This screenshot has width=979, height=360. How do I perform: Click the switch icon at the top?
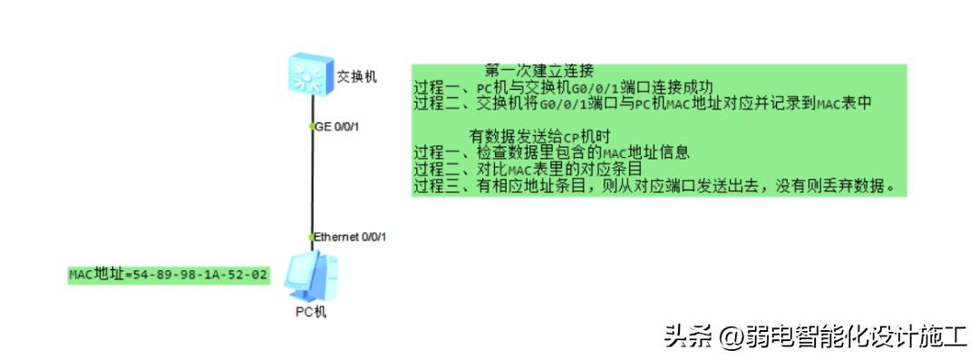tap(309, 73)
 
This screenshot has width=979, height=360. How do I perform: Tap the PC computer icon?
tap(309, 277)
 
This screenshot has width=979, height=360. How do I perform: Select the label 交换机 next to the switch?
tap(356, 77)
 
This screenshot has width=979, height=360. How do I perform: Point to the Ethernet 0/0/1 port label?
tap(351, 237)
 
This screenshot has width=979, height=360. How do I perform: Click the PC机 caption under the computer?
tap(311, 312)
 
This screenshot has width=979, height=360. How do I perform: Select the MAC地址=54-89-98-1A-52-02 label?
tap(169, 274)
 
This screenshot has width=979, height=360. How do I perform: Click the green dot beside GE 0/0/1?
tap(311, 126)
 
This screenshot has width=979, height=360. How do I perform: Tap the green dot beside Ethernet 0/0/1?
tap(311, 237)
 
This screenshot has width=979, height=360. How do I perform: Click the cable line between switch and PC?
tap(311, 181)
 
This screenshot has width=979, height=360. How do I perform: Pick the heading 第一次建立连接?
tap(538, 71)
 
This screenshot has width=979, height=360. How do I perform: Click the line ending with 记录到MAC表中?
tap(643, 102)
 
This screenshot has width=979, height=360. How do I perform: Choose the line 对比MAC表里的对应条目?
tap(528, 169)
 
